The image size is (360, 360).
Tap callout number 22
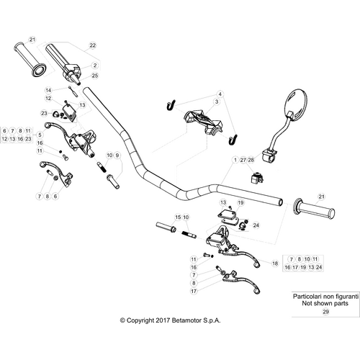point(92,45)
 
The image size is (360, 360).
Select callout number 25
point(95,75)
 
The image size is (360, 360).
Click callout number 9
point(117,155)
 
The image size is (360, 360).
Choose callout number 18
point(274,264)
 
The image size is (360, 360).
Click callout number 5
point(40,135)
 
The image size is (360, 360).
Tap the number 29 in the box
point(325,312)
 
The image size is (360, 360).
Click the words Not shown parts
point(325,303)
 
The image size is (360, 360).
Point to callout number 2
point(95,64)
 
